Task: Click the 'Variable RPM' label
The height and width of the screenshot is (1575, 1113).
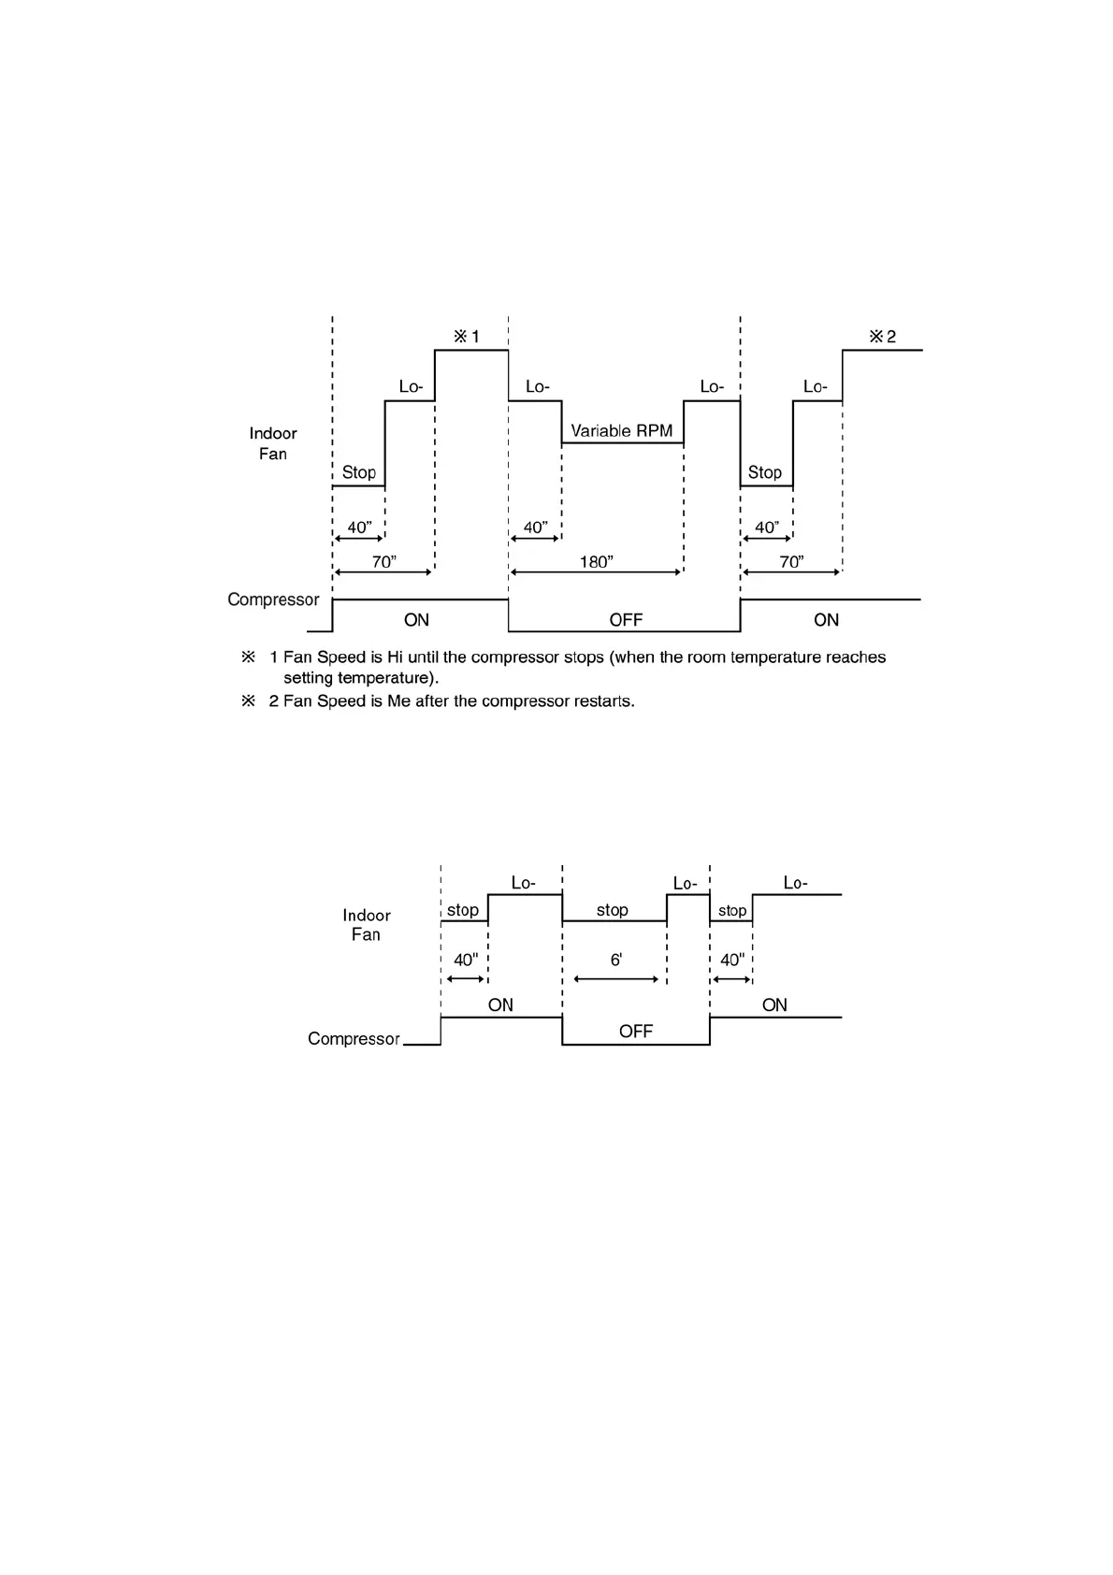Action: [x=621, y=431]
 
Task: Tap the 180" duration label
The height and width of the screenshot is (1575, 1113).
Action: [x=596, y=561]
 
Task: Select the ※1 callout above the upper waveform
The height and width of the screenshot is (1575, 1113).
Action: [x=467, y=337]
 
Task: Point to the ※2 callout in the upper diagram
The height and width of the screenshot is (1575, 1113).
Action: [x=882, y=337]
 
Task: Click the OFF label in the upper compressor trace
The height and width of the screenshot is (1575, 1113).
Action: [x=626, y=620]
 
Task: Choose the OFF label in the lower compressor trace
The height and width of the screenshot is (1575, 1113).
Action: [x=636, y=1032]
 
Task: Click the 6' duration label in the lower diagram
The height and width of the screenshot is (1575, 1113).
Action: [x=616, y=960]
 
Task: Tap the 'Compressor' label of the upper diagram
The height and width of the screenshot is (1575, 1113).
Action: [x=273, y=600]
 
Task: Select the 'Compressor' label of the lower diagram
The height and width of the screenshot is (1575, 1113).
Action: [x=354, y=1039]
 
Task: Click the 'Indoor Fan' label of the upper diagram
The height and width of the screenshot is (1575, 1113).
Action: [x=273, y=443]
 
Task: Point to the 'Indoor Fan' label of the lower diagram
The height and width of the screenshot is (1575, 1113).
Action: [x=366, y=925]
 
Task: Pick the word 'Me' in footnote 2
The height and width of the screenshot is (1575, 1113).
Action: [x=399, y=701]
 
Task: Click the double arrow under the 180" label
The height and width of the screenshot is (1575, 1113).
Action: [x=596, y=572]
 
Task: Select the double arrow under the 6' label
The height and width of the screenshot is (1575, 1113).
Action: [x=616, y=979]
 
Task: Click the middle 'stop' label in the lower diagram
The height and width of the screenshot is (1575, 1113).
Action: [x=613, y=910]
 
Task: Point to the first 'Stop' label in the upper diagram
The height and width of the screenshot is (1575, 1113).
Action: [x=359, y=472]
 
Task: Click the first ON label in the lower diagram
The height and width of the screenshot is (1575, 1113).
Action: [x=500, y=1005]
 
